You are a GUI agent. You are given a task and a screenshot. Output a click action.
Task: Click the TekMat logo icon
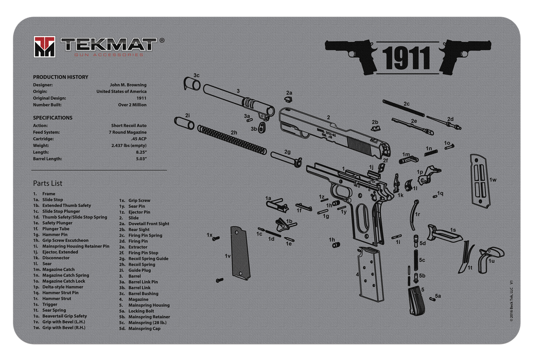click(x=45, y=47)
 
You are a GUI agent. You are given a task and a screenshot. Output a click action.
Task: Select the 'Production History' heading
click(x=61, y=77)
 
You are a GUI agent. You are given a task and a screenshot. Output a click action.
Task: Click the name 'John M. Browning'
click(x=128, y=85)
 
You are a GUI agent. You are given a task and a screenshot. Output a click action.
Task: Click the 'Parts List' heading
click(x=48, y=183)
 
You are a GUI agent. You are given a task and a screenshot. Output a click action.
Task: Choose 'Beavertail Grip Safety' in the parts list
click(x=65, y=316)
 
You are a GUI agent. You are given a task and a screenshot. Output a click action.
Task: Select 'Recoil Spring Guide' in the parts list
click(x=149, y=259)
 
